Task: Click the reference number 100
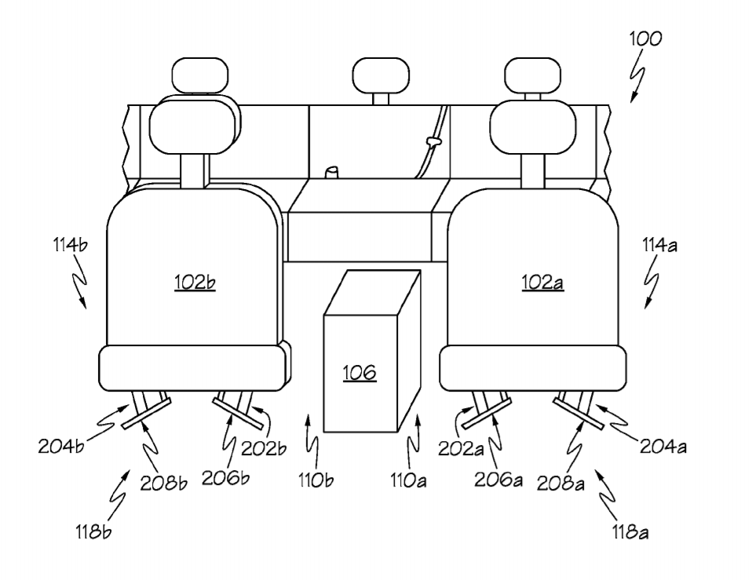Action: click(644, 38)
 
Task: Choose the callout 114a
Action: click(658, 245)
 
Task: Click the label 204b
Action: click(60, 447)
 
